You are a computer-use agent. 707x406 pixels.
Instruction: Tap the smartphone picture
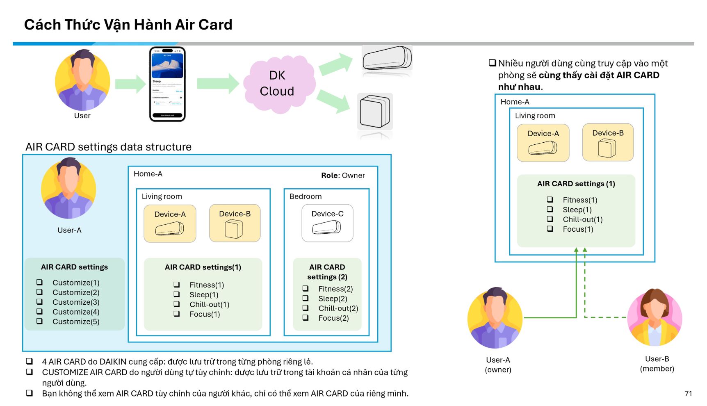(x=167, y=84)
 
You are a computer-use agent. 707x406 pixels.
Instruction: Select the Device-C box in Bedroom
(x=327, y=223)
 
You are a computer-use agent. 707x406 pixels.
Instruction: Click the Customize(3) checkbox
(x=39, y=302)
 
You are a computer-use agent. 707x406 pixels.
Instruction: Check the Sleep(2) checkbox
(x=306, y=298)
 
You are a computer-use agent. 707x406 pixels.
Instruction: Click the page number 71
(x=688, y=393)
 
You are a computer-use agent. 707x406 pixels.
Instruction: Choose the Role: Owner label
(x=343, y=176)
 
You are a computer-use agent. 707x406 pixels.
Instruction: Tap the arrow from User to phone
(x=130, y=84)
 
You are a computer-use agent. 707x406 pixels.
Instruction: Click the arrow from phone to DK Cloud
(x=217, y=84)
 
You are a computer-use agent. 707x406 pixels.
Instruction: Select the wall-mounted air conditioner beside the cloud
(x=387, y=58)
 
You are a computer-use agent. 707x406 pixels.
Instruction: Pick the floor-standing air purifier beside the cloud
(x=375, y=112)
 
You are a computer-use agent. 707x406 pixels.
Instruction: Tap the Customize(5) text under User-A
(x=76, y=322)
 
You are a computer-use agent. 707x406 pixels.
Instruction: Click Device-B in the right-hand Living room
(x=608, y=142)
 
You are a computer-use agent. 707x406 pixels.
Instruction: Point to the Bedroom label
(x=306, y=196)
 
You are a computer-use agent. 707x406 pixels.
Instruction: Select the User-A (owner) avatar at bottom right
(x=495, y=318)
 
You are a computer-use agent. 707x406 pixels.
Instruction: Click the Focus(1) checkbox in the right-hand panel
(x=550, y=229)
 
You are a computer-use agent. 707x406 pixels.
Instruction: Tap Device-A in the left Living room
(x=170, y=224)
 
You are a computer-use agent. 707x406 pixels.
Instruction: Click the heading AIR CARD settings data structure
(x=108, y=147)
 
